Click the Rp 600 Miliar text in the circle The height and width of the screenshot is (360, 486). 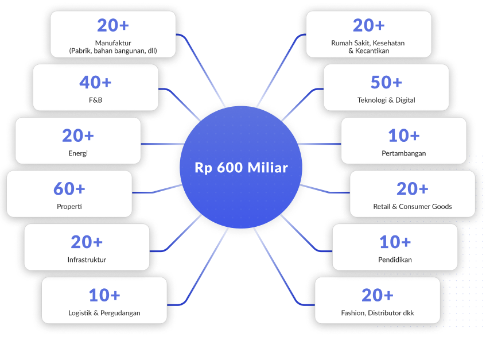tap(241, 168)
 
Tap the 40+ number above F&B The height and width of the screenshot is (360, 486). tap(95, 82)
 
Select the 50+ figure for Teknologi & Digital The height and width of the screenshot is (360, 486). tap(386, 82)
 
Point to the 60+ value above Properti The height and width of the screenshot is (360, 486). tap(69, 188)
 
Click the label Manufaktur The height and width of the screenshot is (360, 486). tap(113, 43)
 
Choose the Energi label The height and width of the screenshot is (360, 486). tap(78, 153)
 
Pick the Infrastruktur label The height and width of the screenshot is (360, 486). tap(87, 260)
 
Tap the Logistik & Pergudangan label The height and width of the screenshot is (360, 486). tap(104, 313)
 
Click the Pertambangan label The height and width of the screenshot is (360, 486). tap(403, 153)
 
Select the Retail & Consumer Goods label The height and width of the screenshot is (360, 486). tap(413, 207)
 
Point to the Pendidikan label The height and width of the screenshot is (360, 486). tap(395, 260)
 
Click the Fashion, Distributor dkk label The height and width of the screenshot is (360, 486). tap(378, 313)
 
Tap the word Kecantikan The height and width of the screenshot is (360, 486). tap(372, 51)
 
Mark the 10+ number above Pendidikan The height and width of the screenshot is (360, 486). tap(395, 242)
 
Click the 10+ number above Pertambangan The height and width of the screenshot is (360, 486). tap(403, 136)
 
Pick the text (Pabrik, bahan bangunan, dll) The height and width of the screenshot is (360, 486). tap(113, 51)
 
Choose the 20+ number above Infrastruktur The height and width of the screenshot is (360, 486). tap(87, 242)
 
